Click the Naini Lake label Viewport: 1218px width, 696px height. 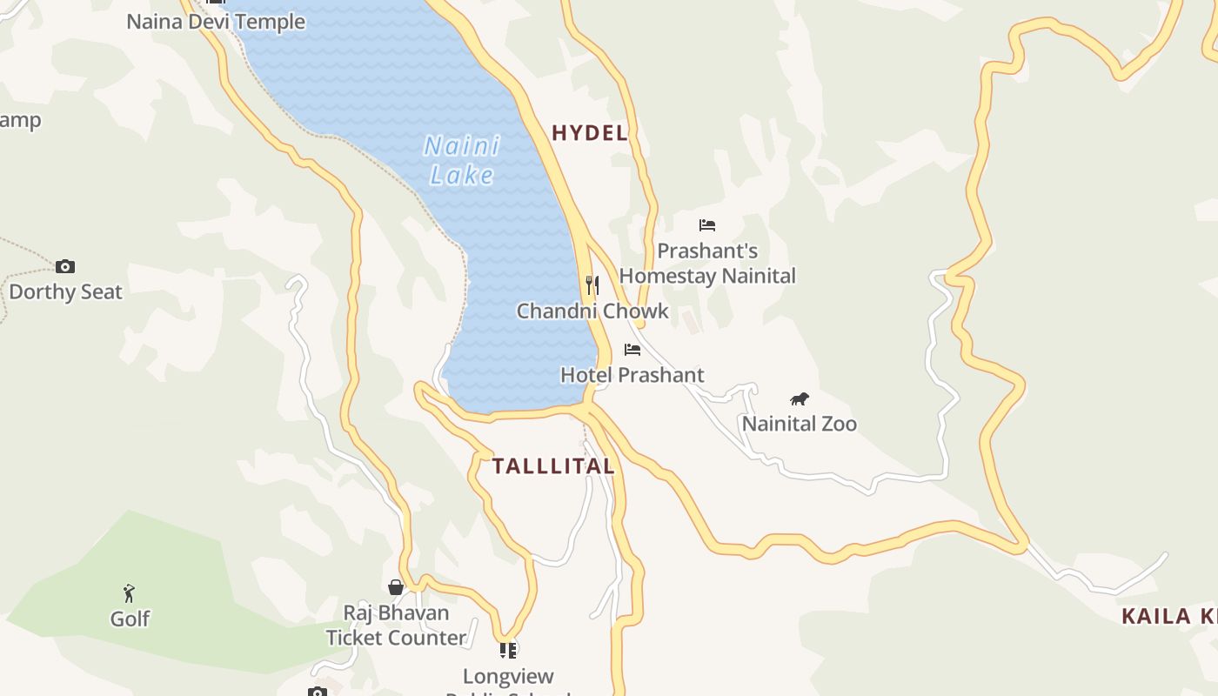(x=462, y=160)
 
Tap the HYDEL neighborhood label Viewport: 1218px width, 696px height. (x=590, y=133)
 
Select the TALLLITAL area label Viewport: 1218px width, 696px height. (x=553, y=466)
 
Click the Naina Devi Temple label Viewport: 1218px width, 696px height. (x=216, y=22)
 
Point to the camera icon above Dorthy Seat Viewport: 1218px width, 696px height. (x=65, y=267)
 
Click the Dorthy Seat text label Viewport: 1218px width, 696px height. (x=66, y=292)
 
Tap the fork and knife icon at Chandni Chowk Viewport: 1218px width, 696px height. (x=592, y=284)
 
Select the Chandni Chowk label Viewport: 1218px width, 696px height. (x=592, y=311)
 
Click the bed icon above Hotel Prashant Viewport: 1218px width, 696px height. (x=632, y=350)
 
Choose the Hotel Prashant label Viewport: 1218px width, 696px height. (x=632, y=375)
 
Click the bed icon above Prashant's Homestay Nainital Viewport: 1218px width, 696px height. (x=707, y=225)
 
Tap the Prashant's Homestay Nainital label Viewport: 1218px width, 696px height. (x=707, y=264)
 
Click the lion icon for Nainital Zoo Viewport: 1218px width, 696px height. (x=800, y=399)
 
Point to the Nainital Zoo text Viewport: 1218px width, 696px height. (x=800, y=424)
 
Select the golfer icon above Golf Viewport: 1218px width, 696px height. (x=130, y=593)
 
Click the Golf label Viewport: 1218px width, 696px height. (x=130, y=619)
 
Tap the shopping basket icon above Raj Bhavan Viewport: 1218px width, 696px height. (x=396, y=587)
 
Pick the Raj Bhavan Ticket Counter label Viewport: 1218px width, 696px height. (x=396, y=626)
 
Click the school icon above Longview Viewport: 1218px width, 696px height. (x=508, y=650)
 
